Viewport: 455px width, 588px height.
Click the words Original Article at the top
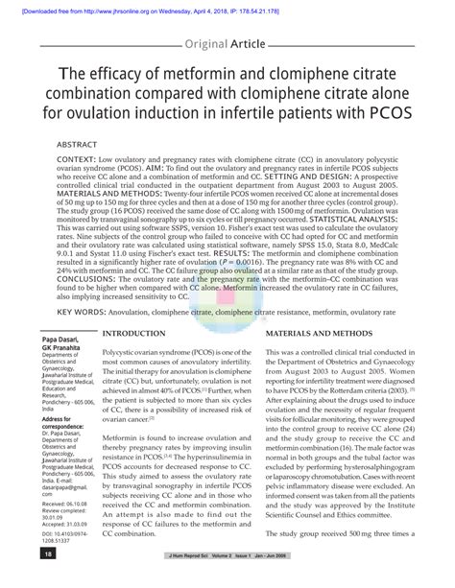tap(227, 44)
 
